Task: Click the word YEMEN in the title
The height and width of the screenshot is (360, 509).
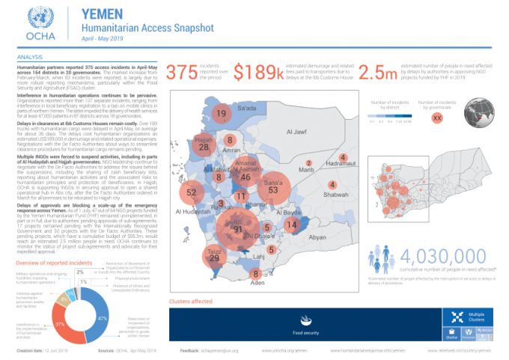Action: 101,13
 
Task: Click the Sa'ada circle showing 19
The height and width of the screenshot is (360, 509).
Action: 221,114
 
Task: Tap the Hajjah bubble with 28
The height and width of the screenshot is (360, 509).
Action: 204,147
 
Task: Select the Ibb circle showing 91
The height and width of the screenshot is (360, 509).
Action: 239,228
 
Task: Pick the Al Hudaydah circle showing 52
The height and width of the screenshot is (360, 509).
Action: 192,192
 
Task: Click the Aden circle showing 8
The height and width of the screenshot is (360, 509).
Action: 257,275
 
